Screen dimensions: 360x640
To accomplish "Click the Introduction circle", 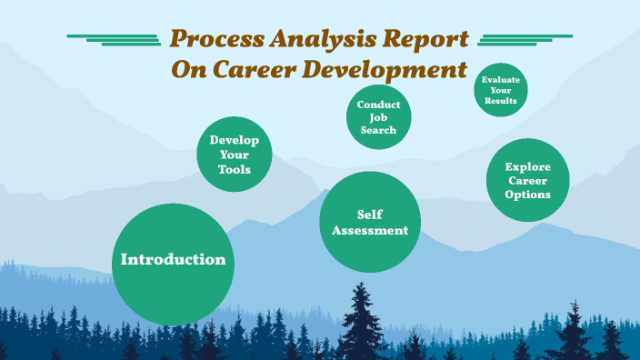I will pyautogui.click(x=173, y=264).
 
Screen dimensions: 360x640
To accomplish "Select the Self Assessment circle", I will pyautogui.click(x=370, y=222).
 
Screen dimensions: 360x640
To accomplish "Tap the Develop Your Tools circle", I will pyautogui.click(x=235, y=155).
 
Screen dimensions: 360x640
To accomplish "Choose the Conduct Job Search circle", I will pyautogui.click(x=378, y=117).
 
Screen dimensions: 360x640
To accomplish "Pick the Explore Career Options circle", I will pyautogui.click(x=528, y=180).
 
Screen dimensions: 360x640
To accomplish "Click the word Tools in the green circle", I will pyautogui.click(x=235, y=170).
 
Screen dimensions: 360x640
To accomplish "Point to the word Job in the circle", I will pyautogui.click(x=378, y=117).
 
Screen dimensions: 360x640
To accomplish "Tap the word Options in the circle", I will pyautogui.click(x=528, y=195).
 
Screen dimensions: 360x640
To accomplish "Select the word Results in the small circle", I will pyautogui.click(x=501, y=101).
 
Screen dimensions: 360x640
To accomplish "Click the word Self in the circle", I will pyautogui.click(x=370, y=214).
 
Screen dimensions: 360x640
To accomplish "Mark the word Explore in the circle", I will pyautogui.click(x=528, y=166).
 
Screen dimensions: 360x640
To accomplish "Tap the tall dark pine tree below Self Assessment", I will pyautogui.click(x=363, y=318).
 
